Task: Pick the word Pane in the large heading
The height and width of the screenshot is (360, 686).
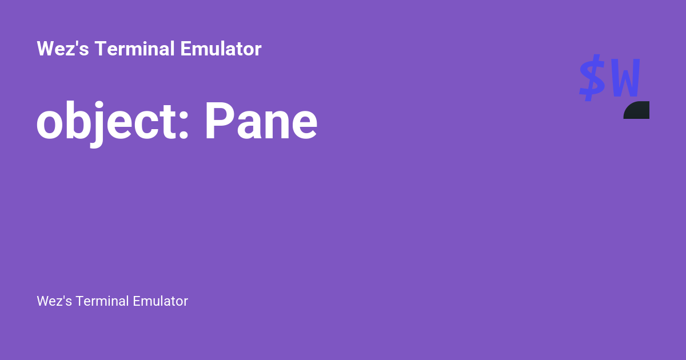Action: (261, 123)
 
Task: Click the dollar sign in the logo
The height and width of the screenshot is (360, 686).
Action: (592, 78)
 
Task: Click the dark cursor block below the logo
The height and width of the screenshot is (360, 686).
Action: (637, 110)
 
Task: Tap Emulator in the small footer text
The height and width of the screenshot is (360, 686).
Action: (160, 301)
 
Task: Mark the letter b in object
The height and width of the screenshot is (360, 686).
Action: (78, 122)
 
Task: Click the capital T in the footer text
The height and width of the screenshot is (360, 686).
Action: (79, 301)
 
